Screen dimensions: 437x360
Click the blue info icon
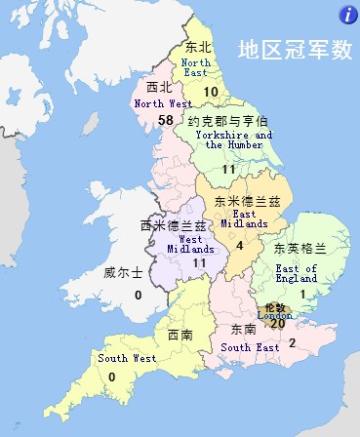click(346, 13)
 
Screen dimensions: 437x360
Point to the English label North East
click(196, 68)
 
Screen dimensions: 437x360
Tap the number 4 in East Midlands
click(239, 245)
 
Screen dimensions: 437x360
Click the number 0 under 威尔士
click(138, 294)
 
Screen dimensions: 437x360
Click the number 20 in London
click(277, 323)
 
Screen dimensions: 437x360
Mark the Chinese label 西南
click(180, 336)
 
